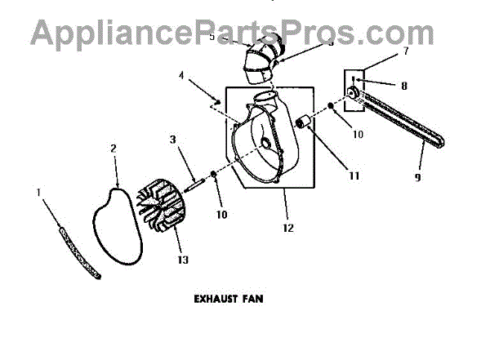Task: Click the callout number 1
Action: [x=39, y=192]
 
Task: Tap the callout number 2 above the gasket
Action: [x=113, y=149]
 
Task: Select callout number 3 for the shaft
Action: [x=173, y=139]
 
